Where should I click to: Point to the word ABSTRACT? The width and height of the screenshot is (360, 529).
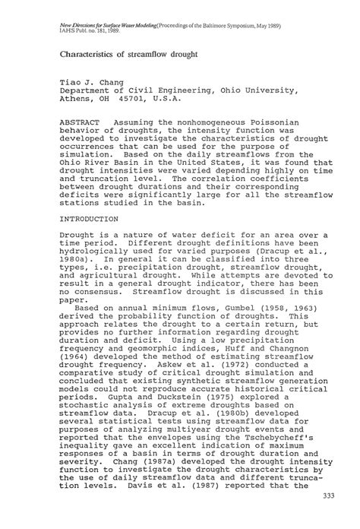[x=83, y=122]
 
